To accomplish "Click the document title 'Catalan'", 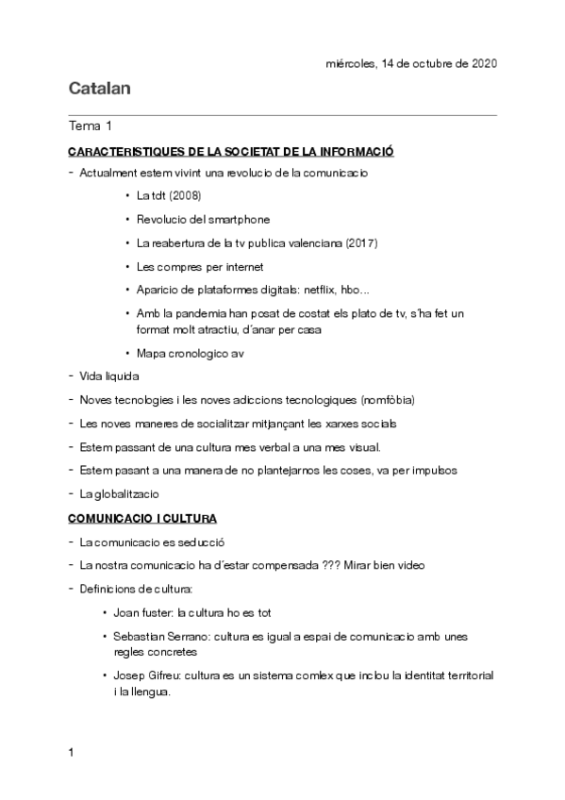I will [x=99, y=90].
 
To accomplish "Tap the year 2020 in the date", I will [x=481, y=63].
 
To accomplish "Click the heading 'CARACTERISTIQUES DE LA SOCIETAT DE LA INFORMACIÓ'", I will [x=230, y=151].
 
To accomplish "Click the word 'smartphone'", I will [x=236, y=220].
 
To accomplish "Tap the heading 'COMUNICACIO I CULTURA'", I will [x=142, y=519].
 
